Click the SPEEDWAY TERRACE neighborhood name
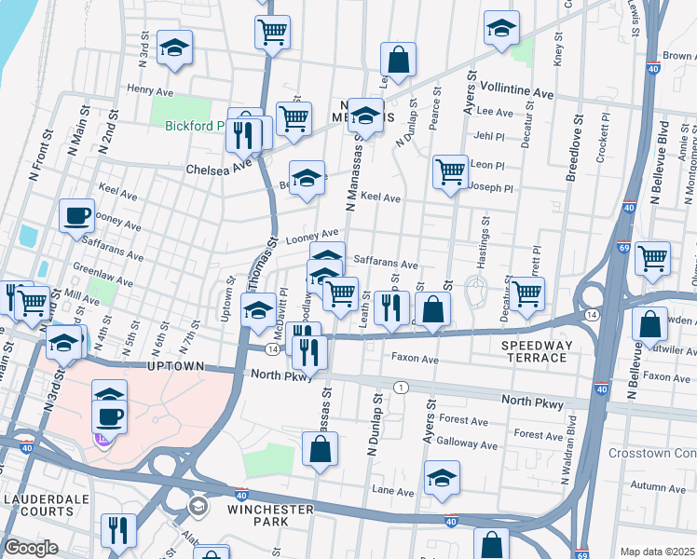pos(539,351)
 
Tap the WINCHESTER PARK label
pos(268,516)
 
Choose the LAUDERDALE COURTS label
pos(39,505)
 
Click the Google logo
pos(31,548)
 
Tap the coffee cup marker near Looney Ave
pos(76,215)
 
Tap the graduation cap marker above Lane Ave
pos(442,479)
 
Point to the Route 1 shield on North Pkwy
pos(401,387)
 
